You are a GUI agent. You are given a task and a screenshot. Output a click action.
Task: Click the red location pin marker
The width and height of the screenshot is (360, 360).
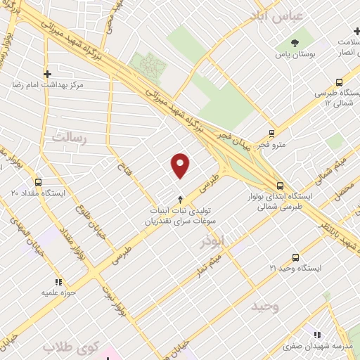click(x=181, y=165)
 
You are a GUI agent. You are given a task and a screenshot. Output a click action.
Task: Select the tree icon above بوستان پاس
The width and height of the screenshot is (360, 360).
click(x=294, y=44)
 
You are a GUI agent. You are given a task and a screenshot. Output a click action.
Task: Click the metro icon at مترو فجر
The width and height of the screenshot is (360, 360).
click(x=271, y=133)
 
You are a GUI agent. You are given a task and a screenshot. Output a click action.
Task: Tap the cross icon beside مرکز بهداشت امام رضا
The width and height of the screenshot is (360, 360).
click(x=47, y=73)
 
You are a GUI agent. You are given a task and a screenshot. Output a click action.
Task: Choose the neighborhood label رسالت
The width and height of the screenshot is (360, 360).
click(x=67, y=137)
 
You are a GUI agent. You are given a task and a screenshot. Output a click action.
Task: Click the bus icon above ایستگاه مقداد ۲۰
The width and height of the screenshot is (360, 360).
click(x=15, y=181)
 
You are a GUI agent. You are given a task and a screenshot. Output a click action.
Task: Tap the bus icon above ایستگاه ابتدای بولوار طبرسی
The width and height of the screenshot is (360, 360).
click(x=281, y=186)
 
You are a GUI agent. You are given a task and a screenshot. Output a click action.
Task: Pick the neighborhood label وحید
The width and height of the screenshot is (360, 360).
click(x=265, y=306)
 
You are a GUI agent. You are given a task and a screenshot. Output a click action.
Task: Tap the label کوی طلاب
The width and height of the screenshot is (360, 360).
click(x=68, y=347)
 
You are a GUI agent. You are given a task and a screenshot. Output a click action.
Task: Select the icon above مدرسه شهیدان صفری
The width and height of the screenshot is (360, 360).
click(x=316, y=334)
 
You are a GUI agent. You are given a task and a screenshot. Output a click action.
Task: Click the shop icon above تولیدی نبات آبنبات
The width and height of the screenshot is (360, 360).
click(x=181, y=199)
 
